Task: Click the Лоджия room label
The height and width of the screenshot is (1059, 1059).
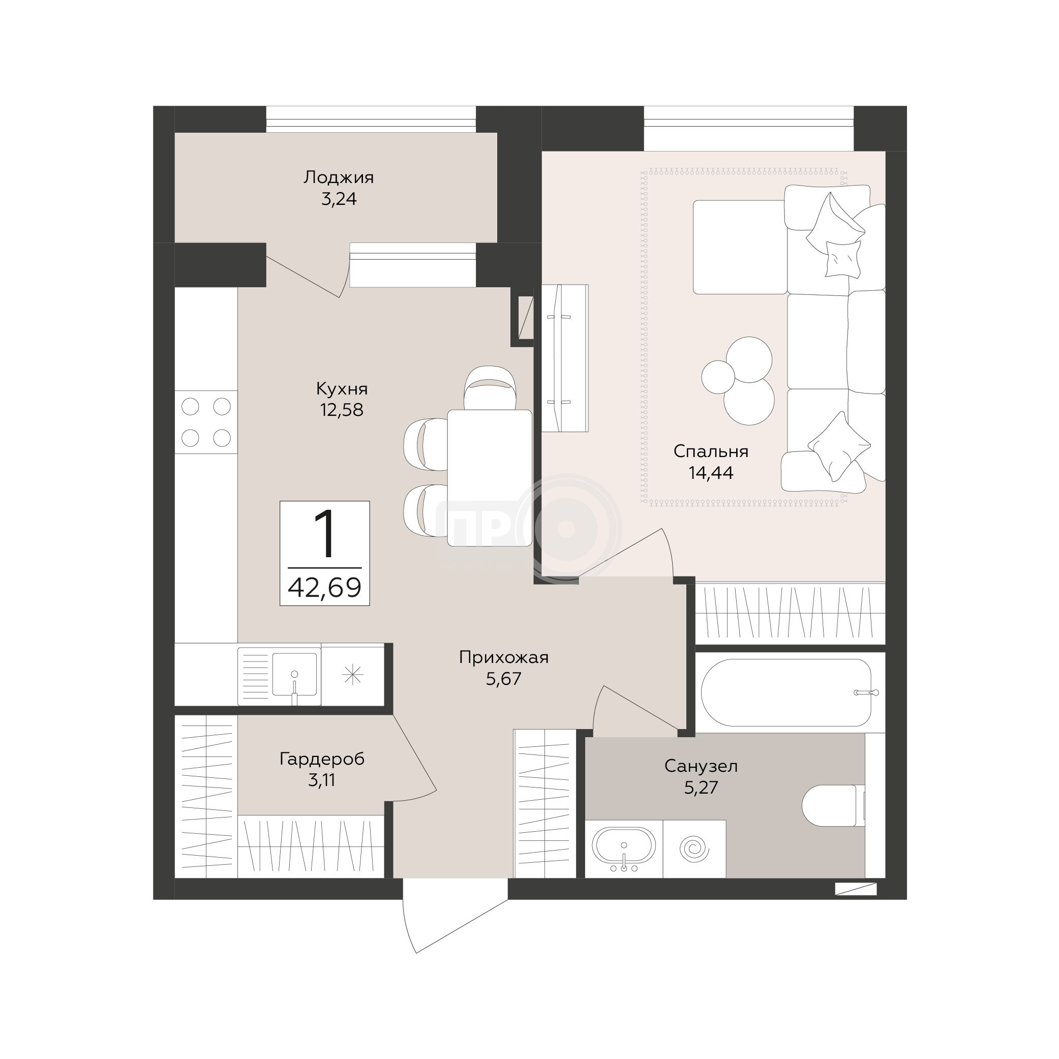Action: (339, 177)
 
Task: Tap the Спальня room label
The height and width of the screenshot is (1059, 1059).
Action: (711, 451)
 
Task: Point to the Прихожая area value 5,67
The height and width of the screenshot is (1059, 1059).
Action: (504, 679)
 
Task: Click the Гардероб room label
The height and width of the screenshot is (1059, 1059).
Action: (322, 759)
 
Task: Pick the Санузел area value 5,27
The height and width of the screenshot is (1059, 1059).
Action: (701, 788)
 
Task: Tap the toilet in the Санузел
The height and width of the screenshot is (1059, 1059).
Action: (833, 805)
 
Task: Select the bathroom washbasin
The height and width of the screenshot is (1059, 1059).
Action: (624, 849)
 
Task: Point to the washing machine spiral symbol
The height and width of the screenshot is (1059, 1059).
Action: (694, 849)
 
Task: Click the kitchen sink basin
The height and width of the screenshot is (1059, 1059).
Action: (294, 674)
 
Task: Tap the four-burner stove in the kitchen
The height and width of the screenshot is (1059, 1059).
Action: (206, 422)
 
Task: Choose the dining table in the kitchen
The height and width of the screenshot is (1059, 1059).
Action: (490, 478)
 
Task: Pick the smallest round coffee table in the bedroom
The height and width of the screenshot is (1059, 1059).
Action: (718, 377)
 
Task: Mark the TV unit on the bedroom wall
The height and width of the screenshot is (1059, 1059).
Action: (565, 358)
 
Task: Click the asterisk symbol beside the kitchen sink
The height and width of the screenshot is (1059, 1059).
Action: (352, 674)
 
